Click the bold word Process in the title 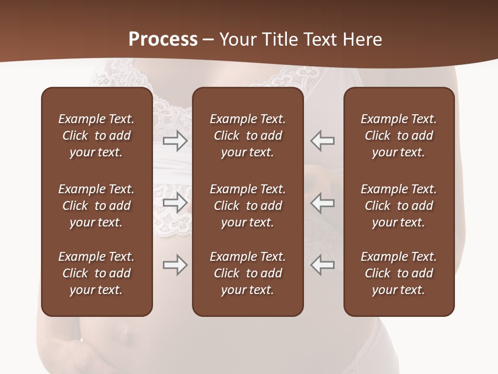163,39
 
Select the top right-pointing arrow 175,141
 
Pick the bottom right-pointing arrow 175,265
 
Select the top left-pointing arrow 323,141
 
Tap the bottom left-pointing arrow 323,265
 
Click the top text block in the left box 96,136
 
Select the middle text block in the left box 96,206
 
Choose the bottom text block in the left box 96,273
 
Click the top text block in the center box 248,136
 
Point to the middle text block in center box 248,206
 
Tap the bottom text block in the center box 248,273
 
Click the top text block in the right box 399,136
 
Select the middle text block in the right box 399,206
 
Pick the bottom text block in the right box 399,273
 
